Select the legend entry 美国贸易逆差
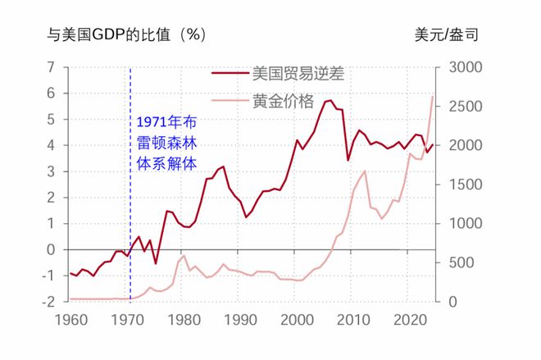point(298,72)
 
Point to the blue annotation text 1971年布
point(166,123)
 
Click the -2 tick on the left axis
point(48,302)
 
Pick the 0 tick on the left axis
point(51,249)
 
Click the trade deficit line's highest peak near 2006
point(329,100)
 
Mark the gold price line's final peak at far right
point(433,97)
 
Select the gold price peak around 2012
point(364,171)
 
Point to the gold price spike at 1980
point(184,256)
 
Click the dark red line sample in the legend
point(230,72)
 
